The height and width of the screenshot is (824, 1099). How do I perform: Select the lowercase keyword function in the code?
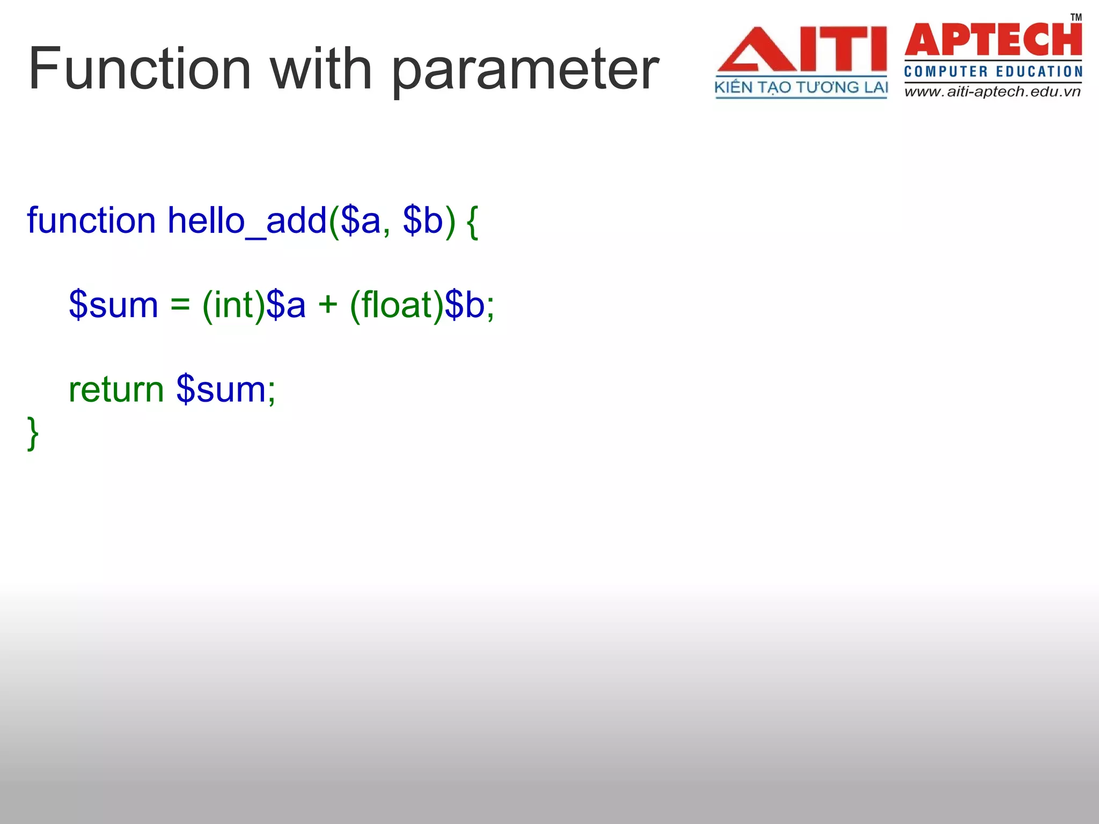91,220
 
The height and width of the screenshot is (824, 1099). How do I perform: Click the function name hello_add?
247,220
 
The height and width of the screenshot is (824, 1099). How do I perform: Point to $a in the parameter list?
361,220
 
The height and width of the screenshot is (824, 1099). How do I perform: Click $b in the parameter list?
423,220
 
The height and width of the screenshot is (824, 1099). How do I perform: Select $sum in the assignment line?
113,305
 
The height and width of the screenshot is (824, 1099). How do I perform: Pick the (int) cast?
233,305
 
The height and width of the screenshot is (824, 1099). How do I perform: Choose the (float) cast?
397,305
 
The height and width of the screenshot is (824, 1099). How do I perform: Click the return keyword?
116,389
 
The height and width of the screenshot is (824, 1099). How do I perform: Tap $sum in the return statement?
222,389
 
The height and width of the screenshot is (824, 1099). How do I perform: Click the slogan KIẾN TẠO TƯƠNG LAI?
801,88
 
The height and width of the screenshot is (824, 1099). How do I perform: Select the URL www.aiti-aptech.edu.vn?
992,92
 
